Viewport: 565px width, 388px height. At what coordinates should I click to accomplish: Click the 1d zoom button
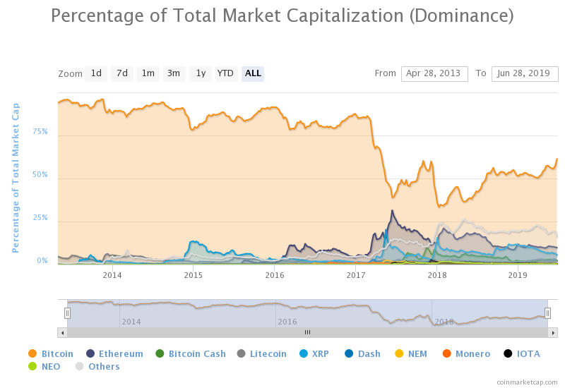pos(96,73)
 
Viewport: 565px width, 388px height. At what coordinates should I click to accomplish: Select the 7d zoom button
pos(122,73)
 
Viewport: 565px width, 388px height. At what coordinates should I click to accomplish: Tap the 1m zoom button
pos(148,73)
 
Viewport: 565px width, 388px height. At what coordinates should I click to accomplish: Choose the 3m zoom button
pos(174,73)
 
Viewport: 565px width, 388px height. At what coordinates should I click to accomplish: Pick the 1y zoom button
pos(201,73)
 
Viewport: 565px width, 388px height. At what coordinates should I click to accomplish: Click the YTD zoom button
pos(225,73)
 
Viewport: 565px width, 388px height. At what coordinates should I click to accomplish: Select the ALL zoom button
pos(253,73)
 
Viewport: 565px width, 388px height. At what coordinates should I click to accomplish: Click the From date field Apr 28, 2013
pos(434,73)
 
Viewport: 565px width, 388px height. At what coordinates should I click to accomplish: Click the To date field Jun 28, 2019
pos(525,73)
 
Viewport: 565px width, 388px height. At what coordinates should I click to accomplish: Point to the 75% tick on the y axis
pos(40,131)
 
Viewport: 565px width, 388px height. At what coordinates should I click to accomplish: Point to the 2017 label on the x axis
pos(356,274)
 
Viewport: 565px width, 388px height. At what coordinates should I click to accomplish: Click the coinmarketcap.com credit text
pos(527,382)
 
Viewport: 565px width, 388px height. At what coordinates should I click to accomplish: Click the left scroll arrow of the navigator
pos(62,332)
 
